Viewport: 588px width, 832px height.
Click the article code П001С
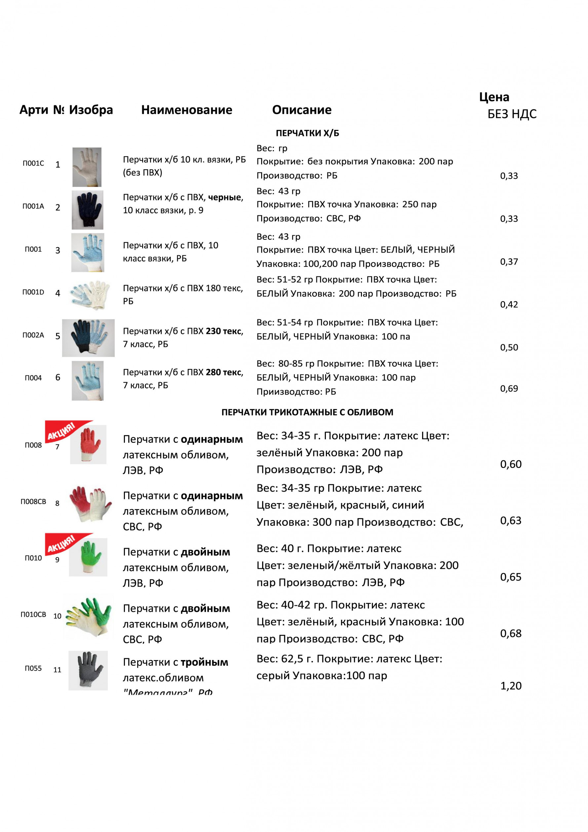(33, 163)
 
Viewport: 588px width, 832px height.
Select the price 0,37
(509, 262)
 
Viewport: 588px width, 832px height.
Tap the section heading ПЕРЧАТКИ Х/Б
(307, 133)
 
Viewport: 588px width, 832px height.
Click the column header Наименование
(187, 110)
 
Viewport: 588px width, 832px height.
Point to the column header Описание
(301, 110)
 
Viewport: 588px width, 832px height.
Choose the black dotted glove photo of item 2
(87, 210)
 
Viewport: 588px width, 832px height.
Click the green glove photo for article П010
(88, 557)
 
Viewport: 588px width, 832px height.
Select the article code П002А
(33, 335)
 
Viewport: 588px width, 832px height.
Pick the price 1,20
(511, 686)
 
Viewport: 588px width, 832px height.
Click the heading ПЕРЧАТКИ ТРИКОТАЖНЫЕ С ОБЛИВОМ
(307, 412)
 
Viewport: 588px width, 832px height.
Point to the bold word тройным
(204, 662)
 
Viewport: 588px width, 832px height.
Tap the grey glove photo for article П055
(88, 670)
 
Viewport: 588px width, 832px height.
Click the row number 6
(58, 378)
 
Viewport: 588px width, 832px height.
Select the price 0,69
(509, 389)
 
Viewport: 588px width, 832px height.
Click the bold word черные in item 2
(225, 197)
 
